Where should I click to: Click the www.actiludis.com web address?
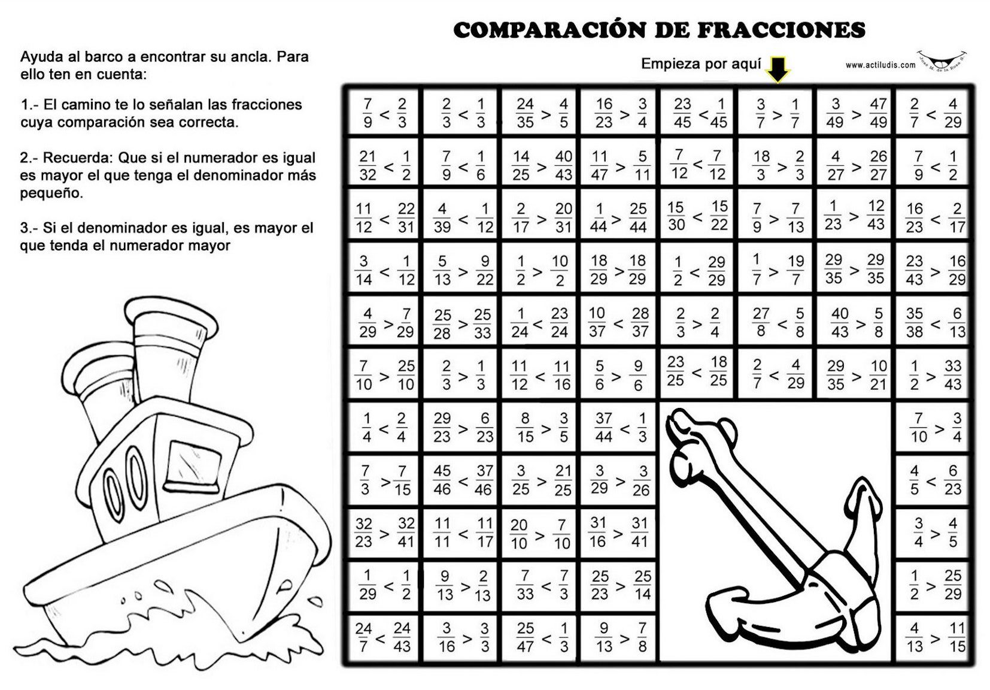point(880,65)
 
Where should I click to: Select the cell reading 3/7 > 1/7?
point(777,113)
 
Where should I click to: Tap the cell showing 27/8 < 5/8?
point(777,323)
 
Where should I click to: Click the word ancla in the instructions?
point(246,57)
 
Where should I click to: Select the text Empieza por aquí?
point(701,64)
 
